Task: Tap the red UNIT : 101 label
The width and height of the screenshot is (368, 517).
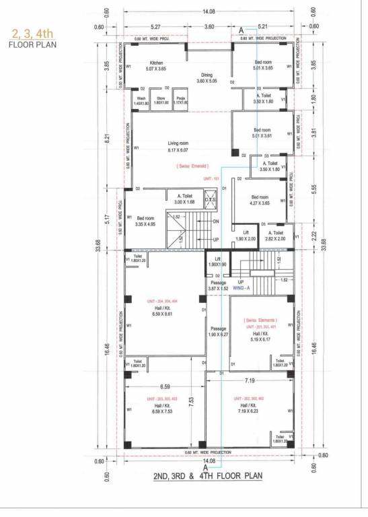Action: coord(211,178)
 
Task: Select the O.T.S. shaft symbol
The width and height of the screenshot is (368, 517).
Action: coord(210,201)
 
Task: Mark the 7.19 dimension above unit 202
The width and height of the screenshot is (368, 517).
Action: coord(248,381)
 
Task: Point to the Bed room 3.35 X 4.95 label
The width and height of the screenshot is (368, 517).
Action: coord(146,221)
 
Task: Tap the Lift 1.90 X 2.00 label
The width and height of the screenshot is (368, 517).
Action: coord(246,236)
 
